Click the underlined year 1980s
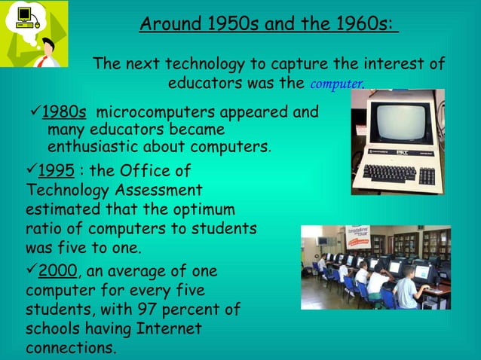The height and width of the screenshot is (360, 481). [x=63, y=113]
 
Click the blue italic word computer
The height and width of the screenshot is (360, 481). [x=336, y=84]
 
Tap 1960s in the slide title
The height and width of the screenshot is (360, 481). [x=357, y=24]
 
